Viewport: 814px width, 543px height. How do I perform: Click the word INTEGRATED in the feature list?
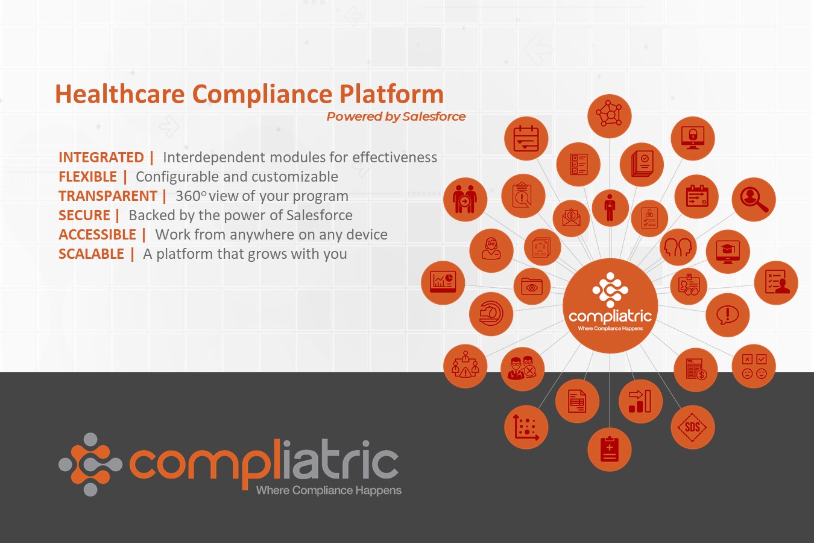point(101,157)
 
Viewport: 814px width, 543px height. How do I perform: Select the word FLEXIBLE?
point(87,177)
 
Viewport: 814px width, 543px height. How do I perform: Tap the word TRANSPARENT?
point(108,196)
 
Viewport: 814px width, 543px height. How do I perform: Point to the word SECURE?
point(84,215)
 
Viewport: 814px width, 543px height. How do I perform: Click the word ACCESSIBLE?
point(98,235)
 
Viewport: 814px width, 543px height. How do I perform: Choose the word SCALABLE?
point(91,254)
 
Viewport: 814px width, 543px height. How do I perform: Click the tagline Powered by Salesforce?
point(396,116)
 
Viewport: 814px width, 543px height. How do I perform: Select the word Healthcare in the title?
point(120,94)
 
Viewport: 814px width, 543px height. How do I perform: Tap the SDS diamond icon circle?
point(693,427)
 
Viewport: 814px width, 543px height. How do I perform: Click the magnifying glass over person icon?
point(754,199)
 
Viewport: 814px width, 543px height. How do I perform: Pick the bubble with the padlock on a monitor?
point(693,139)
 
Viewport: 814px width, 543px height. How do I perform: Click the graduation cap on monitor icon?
point(728,252)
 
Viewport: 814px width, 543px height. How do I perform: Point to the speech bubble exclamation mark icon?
point(728,315)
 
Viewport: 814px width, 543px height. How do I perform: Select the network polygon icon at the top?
point(610,116)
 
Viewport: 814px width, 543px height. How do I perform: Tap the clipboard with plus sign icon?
point(610,449)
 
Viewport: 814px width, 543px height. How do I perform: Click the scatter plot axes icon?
point(526,427)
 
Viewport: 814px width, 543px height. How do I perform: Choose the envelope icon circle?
point(571,218)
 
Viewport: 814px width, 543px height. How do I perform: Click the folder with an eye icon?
point(532,287)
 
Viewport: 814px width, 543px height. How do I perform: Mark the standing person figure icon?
point(610,208)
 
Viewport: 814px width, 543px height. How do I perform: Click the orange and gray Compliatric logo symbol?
point(90,465)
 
